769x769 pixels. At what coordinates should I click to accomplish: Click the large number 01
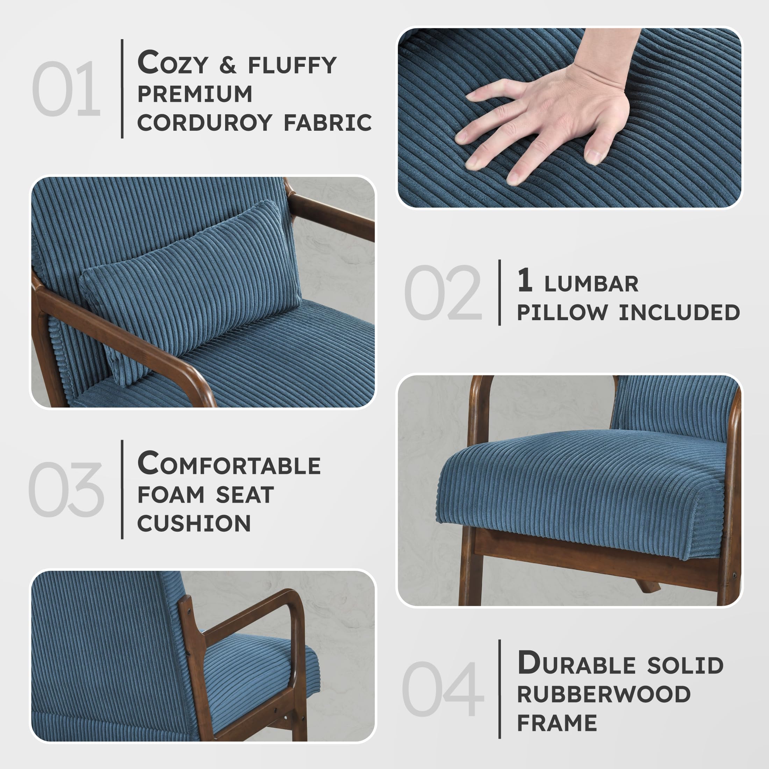tap(66, 89)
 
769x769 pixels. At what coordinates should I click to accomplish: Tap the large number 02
tap(442, 293)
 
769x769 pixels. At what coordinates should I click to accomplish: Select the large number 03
tap(66, 490)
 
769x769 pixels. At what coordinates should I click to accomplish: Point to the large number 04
tap(442, 689)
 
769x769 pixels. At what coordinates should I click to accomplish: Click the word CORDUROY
tap(204, 123)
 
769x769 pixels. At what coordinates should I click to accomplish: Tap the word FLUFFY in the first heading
tap(292, 66)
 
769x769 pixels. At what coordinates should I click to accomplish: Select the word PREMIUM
tap(195, 94)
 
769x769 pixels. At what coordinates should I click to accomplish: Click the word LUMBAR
tap(591, 284)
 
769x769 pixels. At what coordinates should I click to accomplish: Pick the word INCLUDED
tap(679, 312)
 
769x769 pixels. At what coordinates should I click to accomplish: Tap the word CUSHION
tap(194, 523)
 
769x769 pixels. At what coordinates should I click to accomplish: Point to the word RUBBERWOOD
tap(604, 695)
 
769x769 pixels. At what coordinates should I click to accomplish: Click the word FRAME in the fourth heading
tap(557, 723)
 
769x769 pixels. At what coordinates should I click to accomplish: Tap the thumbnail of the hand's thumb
tap(593, 157)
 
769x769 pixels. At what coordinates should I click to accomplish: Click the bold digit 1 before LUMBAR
tap(525, 280)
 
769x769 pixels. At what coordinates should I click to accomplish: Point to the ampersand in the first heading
tap(227, 66)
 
